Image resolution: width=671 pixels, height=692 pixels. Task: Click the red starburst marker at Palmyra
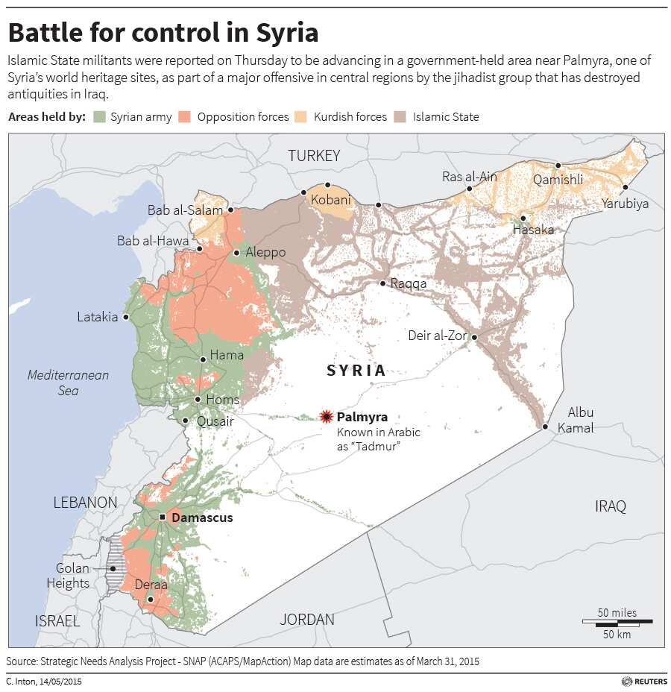[x=326, y=417]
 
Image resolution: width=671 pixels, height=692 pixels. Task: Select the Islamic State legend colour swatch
[x=400, y=117]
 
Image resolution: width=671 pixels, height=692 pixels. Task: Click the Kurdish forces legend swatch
[x=301, y=117]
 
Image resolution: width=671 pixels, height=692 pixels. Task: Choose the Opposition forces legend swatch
[x=185, y=117]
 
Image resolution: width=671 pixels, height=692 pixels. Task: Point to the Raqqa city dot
[x=382, y=283]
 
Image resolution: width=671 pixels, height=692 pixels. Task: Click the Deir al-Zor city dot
[x=474, y=337]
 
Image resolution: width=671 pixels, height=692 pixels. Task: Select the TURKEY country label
[x=314, y=156]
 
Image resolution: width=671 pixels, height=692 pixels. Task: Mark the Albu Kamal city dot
[x=545, y=427]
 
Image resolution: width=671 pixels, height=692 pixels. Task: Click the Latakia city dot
[x=126, y=317]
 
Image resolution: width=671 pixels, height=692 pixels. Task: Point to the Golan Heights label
[x=73, y=576]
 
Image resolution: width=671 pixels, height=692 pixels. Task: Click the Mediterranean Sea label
[x=68, y=383]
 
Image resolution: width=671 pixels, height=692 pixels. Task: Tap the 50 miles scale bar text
[x=617, y=612]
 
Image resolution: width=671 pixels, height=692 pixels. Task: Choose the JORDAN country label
[x=307, y=619]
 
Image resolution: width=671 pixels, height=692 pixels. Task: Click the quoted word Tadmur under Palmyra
[x=371, y=446]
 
